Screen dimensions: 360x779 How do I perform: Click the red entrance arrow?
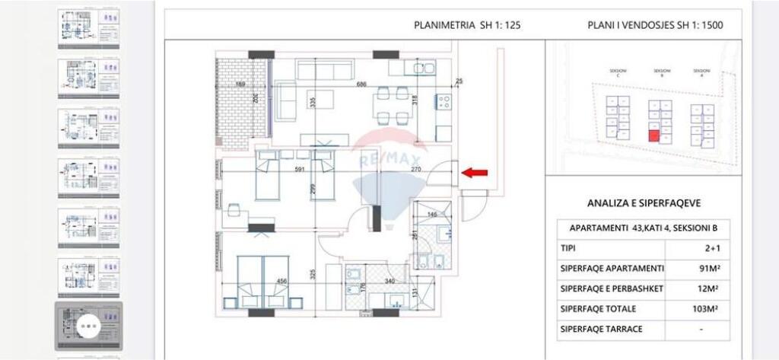[x=476, y=174]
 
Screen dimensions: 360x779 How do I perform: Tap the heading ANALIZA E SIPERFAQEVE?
[x=644, y=203]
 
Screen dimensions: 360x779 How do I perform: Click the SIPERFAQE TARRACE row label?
[x=601, y=329]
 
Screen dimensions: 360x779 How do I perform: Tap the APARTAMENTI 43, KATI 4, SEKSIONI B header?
[x=644, y=228]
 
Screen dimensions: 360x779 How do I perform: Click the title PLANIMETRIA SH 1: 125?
[x=467, y=25]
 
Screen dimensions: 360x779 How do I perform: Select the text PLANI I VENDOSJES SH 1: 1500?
[x=654, y=25]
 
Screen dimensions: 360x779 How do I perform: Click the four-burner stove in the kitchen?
[x=443, y=100]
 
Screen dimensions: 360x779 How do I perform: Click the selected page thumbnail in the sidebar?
[x=88, y=325]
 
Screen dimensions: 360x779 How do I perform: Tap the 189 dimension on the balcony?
[x=240, y=84]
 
